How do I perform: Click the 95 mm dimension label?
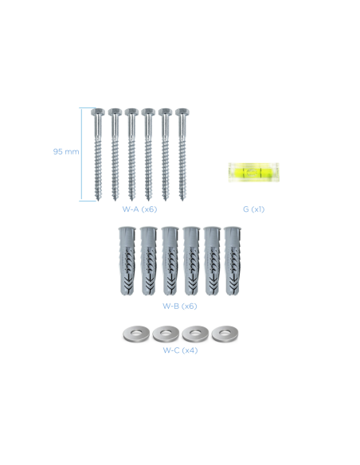(x=66, y=151)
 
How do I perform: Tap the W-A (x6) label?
(x=139, y=209)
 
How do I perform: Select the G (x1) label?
(x=253, y=209)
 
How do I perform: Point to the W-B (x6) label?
(x=180, y=306)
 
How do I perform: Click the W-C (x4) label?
(x=180, y=350)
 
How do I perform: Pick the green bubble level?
(x=253, y=172)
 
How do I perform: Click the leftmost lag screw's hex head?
(x=98, y=112)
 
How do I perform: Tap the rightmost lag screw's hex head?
(x=182, y=112)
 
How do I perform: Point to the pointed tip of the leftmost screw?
(x=98, y=201)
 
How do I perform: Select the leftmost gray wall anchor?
(x=127, y=261)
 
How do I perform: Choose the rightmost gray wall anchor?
(x=233, y=261)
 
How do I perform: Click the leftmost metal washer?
(x=136, y=334)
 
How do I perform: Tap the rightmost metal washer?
(x=225, y=334)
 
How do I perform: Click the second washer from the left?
(x=166, y=334)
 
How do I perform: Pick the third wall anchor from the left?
(x=170, y=261)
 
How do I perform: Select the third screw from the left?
(x=131, y=154)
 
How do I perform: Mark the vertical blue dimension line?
(x=81, y=154)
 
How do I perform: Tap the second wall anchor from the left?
(x=148, y=261)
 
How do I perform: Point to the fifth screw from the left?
(x=166, y=154)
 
